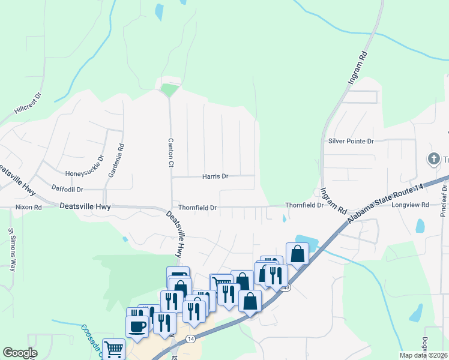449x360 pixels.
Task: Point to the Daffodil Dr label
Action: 67,189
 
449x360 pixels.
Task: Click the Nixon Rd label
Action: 28,207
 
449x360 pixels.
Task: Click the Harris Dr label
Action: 215,176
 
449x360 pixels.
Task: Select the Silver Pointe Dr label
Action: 351,141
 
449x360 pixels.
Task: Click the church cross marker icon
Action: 433,159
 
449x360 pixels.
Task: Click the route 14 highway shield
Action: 190,339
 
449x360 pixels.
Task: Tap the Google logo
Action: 20,353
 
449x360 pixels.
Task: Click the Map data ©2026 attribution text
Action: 424,355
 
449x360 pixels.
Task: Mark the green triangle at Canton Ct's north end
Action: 170,91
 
